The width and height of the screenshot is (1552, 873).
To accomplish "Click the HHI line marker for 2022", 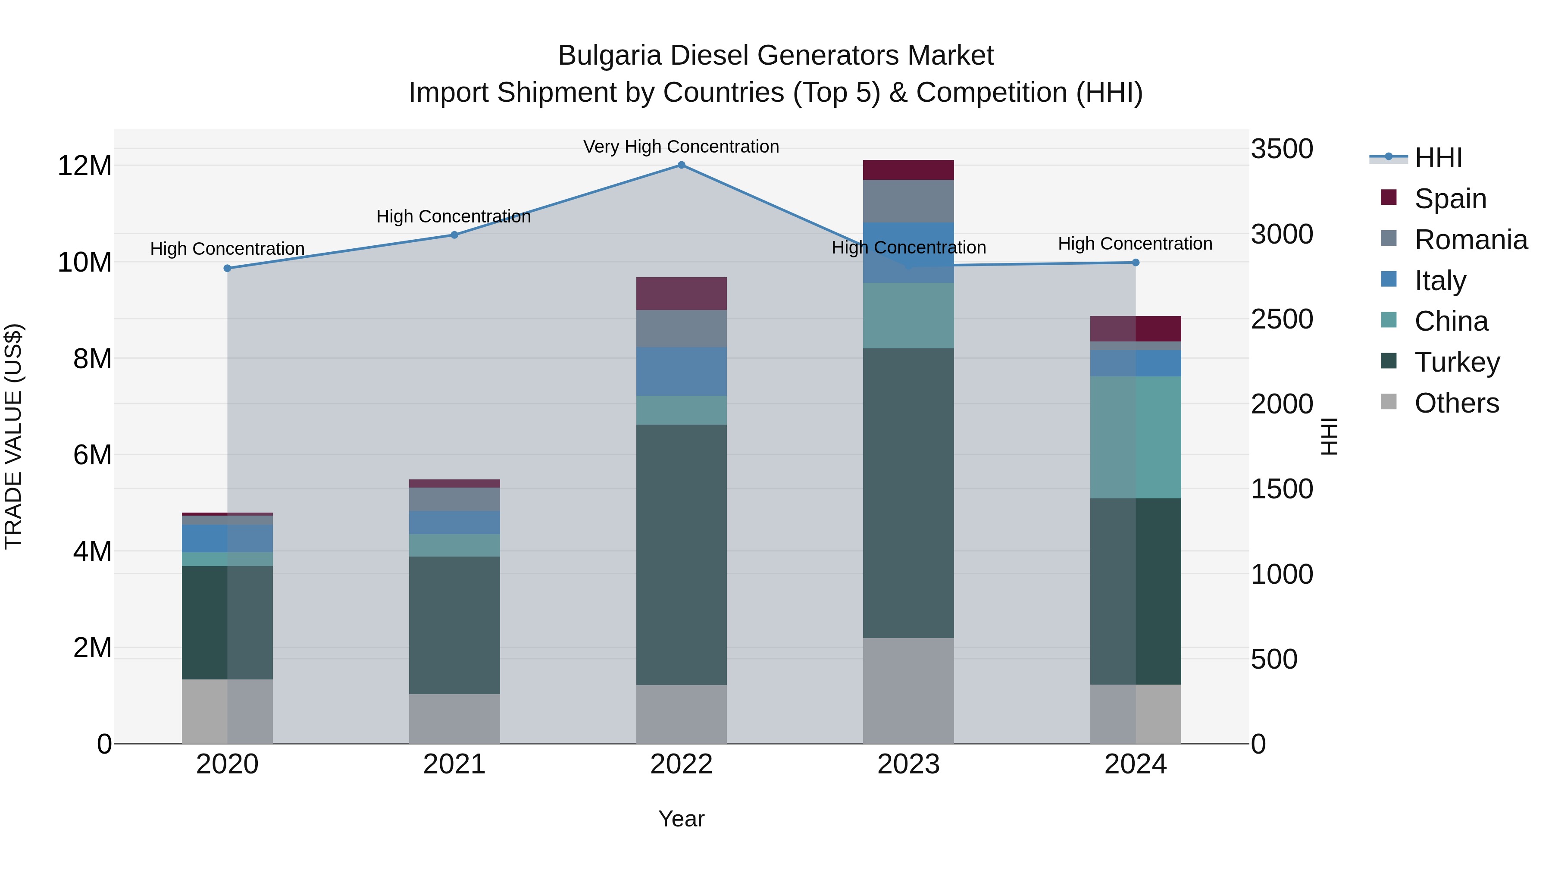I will [682, 165].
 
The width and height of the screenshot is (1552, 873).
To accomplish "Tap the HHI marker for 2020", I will [227, 269].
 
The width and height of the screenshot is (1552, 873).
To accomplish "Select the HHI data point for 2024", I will [1136, 263].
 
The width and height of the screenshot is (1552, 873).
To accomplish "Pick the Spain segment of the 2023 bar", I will [908, 170].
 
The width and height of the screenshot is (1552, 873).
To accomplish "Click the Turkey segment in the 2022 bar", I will [682, 554].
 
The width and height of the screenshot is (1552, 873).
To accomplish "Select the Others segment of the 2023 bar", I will [908, 691].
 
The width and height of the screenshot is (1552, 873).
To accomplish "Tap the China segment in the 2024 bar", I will [1136, 438].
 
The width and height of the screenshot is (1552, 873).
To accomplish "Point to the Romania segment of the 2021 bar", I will [454, 500].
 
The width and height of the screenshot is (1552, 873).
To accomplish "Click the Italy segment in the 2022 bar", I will [682, 372].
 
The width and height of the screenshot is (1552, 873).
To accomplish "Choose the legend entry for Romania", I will [1470, 240].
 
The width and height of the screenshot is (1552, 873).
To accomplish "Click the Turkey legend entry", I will [1456, 362].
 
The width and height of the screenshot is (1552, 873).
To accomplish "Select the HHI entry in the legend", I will [1437, 158].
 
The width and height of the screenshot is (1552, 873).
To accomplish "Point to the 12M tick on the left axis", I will [84, 166].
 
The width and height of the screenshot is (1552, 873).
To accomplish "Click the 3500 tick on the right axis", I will [1282, 149].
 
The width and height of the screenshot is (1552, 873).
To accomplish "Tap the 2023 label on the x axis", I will [908, 764].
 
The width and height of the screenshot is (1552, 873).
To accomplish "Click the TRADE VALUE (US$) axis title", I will [13, 436].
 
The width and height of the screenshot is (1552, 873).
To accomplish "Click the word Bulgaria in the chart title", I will [609, 56].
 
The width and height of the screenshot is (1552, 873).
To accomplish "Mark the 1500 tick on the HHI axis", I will [1282, 489].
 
